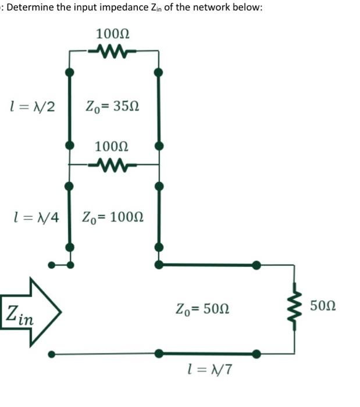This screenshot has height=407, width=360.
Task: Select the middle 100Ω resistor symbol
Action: pyautogui.click(x=113, y=165)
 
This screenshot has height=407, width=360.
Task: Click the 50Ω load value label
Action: pyautogui.click(x=323, y=305)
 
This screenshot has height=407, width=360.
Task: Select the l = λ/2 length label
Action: pyautogui.click(x=33, y=106)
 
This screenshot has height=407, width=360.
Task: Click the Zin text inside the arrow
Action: pyautogui.click(x=19, y=314)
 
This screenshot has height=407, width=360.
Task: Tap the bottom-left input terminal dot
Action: pyautogui.click(x=52, y=353)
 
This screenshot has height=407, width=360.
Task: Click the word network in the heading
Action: pyautogui.click(x=211, y=10)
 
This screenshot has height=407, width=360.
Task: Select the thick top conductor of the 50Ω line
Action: pyautogui.click(x=206, y=265)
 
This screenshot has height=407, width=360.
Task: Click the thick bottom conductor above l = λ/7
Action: pyautogui.click(x=206, y=353)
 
